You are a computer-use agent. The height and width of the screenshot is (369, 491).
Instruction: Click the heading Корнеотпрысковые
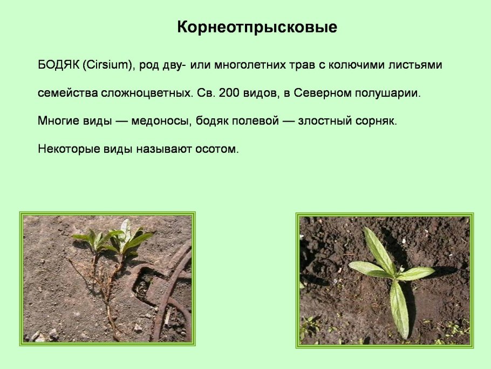pos(257,28)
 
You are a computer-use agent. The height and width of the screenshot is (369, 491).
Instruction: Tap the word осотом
pos(217,149)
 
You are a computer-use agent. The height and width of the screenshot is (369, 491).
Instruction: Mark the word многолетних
pos(250,65)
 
